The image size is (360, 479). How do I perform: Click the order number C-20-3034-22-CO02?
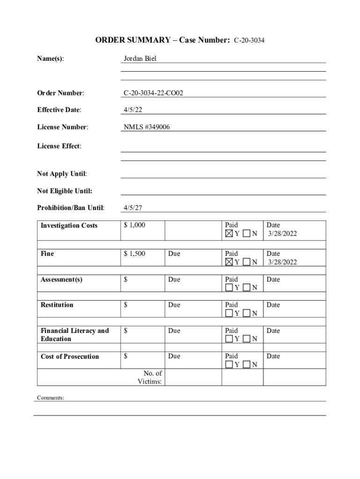tap(153, 93)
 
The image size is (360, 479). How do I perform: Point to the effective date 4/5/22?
tap(133, 110)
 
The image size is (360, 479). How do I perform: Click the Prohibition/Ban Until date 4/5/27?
tap(133, 208)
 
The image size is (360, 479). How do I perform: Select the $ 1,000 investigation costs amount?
tap(135, 225)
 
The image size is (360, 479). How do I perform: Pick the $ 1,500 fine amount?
tap(135, 254)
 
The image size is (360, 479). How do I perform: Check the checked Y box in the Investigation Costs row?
tap(229, 233)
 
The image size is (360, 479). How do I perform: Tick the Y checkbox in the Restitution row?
tap(229, 313)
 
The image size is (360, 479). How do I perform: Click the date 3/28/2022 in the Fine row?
tap(282, 262)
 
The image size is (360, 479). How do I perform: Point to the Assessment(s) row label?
tap(61, 279)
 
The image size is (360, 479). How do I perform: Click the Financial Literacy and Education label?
tap(74, 334)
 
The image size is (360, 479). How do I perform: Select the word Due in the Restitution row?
tap(174, 305)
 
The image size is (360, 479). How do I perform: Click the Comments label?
tap(50, 398)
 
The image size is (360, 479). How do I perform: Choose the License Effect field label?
tap(59, 146)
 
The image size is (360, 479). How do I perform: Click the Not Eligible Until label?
tap(65, 191)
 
